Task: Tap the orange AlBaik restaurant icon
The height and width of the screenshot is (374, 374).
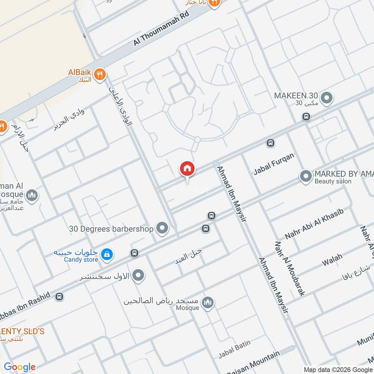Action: (x=100, y=74)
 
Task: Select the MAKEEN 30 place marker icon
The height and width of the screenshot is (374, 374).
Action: (x=327, y=98)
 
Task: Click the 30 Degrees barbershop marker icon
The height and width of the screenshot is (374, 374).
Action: (x=162, y=228)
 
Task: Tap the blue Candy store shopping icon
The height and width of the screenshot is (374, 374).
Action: (x=108, y=254)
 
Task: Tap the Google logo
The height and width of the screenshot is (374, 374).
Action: (x=20, y=367)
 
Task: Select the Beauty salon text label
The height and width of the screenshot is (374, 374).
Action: (x=333, y=181)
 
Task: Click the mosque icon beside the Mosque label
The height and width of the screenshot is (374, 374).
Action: (x=209, y=303)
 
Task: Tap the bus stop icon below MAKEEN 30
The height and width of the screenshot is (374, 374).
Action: (x=306, y=116)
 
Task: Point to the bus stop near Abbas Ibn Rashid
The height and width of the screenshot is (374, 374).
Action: (x=59, y=296)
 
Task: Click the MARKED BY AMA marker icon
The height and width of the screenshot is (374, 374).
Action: (x=306, y=176)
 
